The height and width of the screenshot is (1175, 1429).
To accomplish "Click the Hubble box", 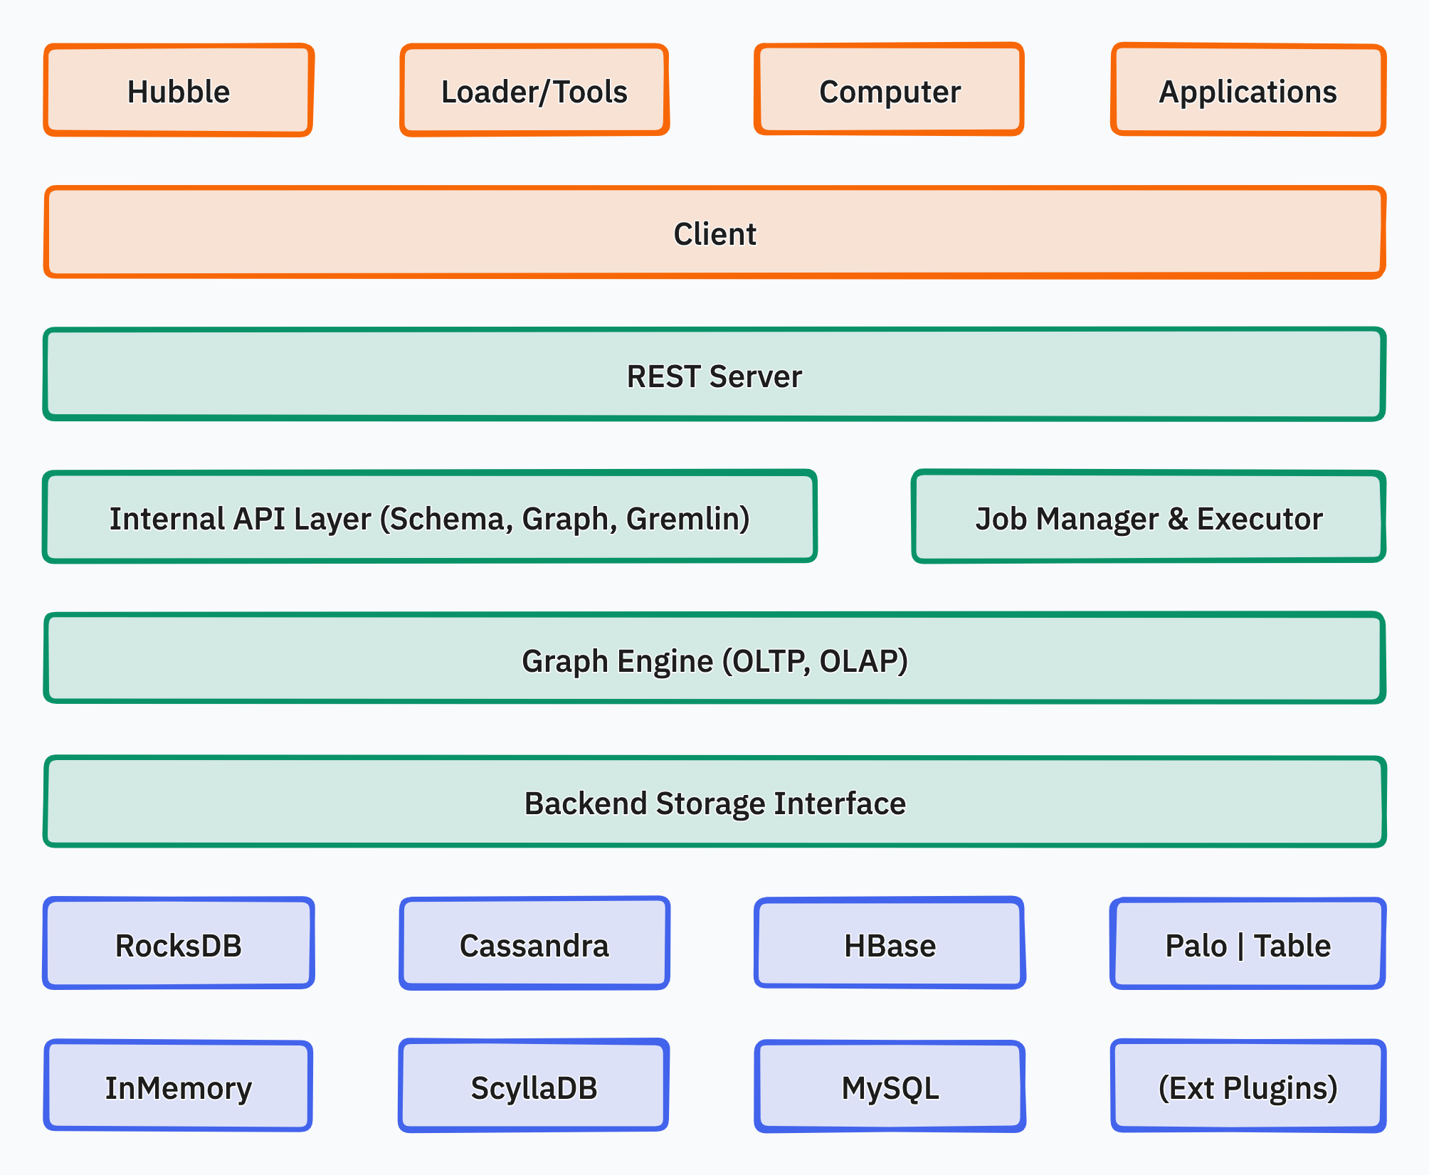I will coord(178,90).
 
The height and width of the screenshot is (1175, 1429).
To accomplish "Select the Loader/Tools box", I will coord(534,90).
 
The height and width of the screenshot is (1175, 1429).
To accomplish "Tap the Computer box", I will coord(889,90).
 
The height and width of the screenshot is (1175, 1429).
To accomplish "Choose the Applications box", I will coord(1248,90).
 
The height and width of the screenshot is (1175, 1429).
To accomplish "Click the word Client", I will coord(714,234).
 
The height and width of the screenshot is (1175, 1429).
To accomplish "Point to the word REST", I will coord(664,376).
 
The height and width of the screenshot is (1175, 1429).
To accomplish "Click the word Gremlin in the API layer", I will coord(686,519).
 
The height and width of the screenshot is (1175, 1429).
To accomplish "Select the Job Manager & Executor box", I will coord(1148,517).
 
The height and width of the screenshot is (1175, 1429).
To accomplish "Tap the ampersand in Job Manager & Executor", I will coord(1178,519).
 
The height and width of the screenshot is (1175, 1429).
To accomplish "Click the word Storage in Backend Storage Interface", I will coord(711,803).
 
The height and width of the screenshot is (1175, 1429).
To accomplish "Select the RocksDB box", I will coord(178,944).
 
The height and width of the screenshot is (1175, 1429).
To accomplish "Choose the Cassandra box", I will coord(534,944).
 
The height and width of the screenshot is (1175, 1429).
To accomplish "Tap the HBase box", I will coord(889,944).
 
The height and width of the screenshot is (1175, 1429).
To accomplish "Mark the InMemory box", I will coord(178,1087).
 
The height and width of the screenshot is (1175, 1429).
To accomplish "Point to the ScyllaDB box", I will coord(534,1087).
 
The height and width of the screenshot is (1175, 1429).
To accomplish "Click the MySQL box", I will coord(889,1087).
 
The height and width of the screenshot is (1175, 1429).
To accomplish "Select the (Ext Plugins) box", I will coord(1248,1087).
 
